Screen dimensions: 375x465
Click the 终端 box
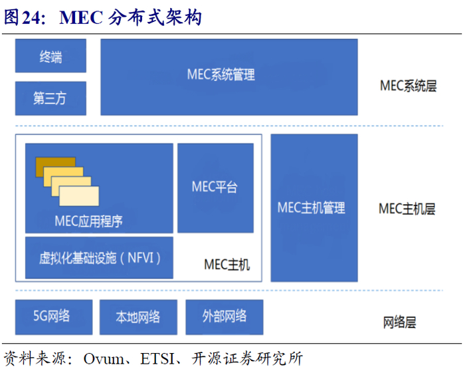(x=50, y=57)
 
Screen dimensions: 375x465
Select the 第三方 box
(x=50, y=98)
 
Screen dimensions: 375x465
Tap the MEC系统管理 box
(x=229, y=76)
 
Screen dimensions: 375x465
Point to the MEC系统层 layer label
(x=408, y=86)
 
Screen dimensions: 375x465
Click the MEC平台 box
(x=215, y=187)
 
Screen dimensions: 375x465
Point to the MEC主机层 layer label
(x=407, y=209)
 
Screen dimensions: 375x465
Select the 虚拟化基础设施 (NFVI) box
(x=99, y=257)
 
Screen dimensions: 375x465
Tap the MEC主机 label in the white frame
(x=227, y=264)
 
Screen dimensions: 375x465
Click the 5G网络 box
(x=52, y=316)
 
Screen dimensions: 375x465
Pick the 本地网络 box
(x=138, y=316)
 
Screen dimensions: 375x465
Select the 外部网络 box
(x=225, y=316)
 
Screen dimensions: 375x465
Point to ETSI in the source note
(x=158, y=359)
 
